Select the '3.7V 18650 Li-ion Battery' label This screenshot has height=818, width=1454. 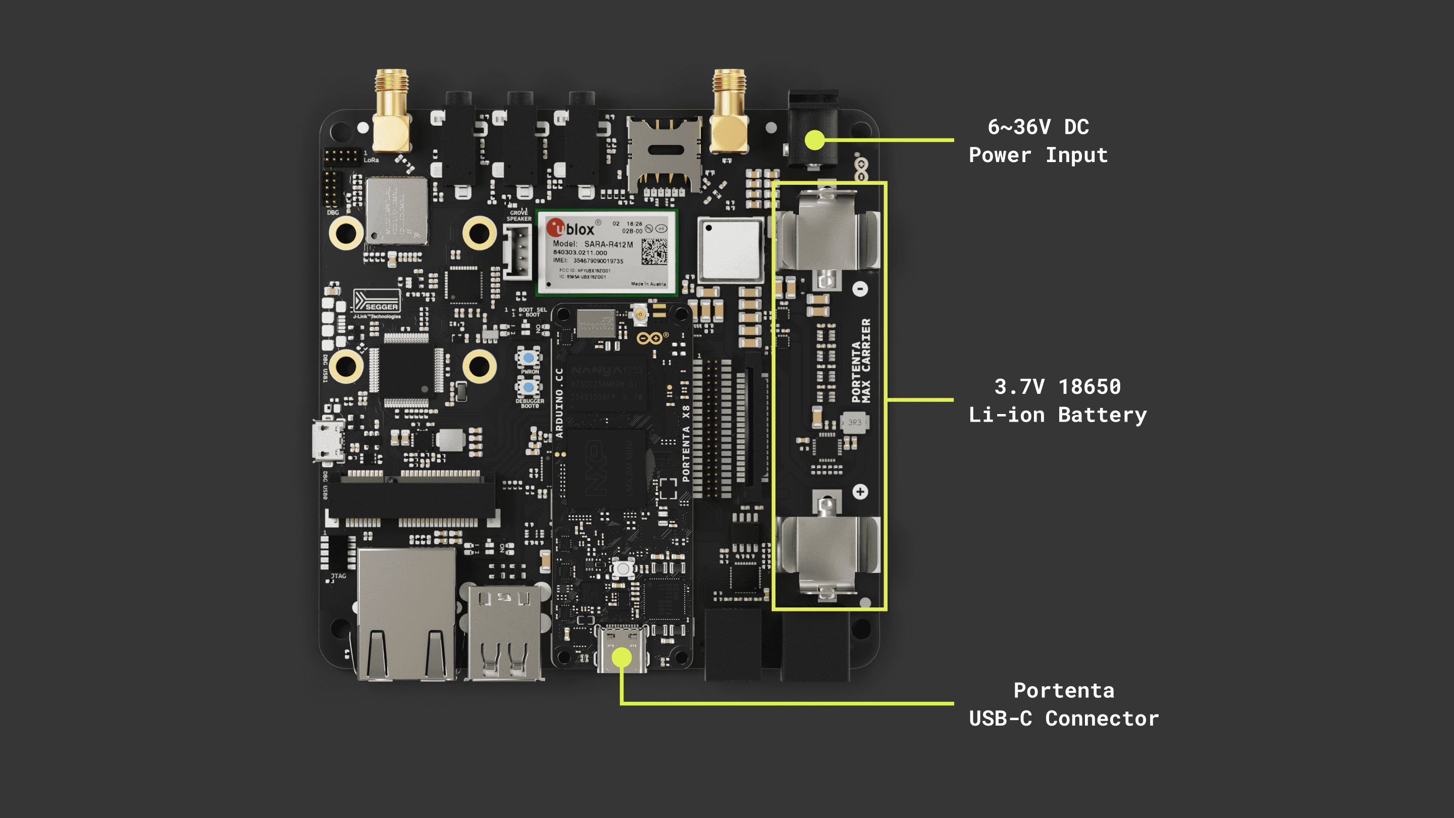(x=1057, y=400)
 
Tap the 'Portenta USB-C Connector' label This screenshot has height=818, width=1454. (x=1063, y=704)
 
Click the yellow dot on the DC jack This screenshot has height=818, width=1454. (x=814, y=139)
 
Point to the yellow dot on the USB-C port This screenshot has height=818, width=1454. (x=621, y=657)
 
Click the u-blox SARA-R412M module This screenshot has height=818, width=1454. (x=607, y=252)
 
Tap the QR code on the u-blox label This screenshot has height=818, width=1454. (x=654, y=251)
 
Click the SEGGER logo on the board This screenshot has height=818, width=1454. (x=377, y=301)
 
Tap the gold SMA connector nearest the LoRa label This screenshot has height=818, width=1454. (x=391, y=113)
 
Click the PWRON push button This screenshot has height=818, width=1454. (x=528, y=357)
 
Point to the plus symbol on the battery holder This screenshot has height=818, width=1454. (x=860, y=492)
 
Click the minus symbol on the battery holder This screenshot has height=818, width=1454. (x=860, y=289)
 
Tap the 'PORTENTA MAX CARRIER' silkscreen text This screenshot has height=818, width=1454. (x=861, y=362)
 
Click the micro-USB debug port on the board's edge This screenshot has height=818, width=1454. (x=327, y=441)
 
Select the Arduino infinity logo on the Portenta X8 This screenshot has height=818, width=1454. (x=650, y=338)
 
